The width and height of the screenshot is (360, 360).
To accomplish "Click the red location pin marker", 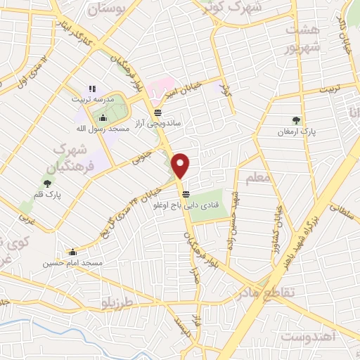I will point(181,165).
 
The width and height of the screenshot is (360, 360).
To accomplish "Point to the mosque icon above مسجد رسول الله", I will point(103,118).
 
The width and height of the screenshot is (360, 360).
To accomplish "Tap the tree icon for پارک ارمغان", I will point(296,120).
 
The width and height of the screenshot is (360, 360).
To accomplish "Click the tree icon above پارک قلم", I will point(47,183).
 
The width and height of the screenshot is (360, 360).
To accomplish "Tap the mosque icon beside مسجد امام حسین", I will point(72,251).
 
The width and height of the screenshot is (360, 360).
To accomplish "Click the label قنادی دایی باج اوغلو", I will point(186,206).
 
